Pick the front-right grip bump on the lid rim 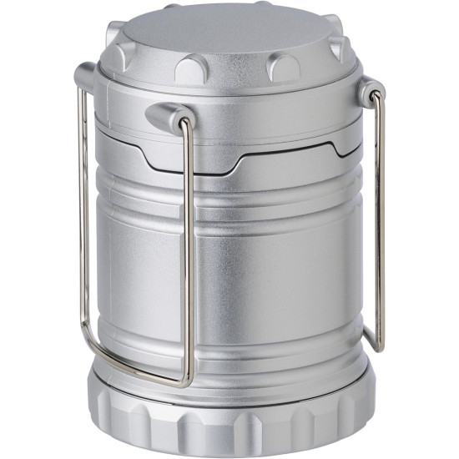pyautogui.click(x=283, y=66)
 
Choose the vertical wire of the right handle pyautogui.click(x=381, y=217)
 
